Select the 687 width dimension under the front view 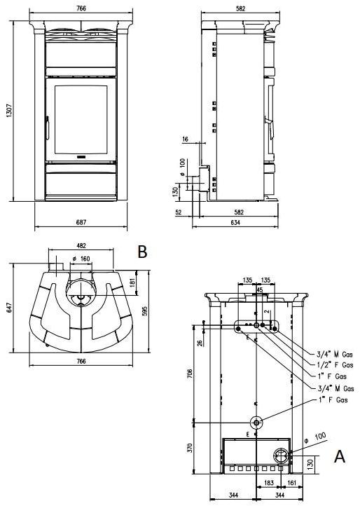(x=81, y=221)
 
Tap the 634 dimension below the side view (x=239, y=222)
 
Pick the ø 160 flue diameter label (x=83, y=258)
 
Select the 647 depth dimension (x=9, y=307)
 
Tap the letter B (x=142, y=252)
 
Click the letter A (x=340, y=456)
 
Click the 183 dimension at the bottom (x=269, y=483)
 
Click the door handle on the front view (x=47, y=129)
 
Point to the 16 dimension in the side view (x=185, y=140)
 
